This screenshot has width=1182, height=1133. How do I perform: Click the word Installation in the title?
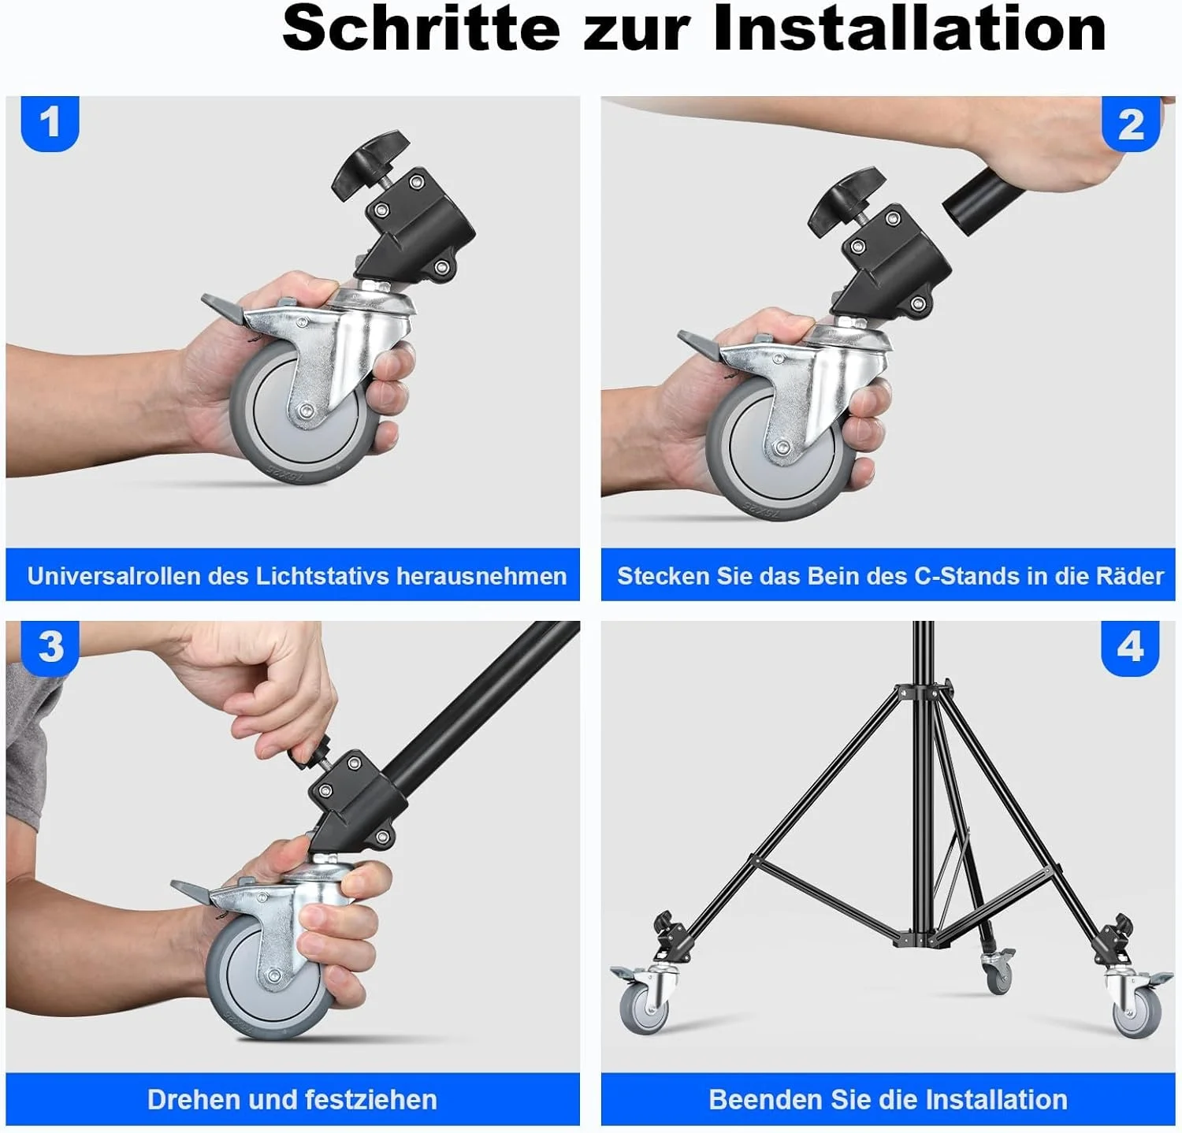tap(909, 28)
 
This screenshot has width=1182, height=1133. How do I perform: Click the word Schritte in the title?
tap(421, 28)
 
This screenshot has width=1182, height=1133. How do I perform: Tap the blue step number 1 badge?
tap(50, 123)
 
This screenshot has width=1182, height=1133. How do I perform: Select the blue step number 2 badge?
tap(1131, 124)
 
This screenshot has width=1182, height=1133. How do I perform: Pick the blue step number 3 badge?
tap(50, 647)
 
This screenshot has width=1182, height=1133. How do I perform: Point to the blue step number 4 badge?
tap(1130, 647)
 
